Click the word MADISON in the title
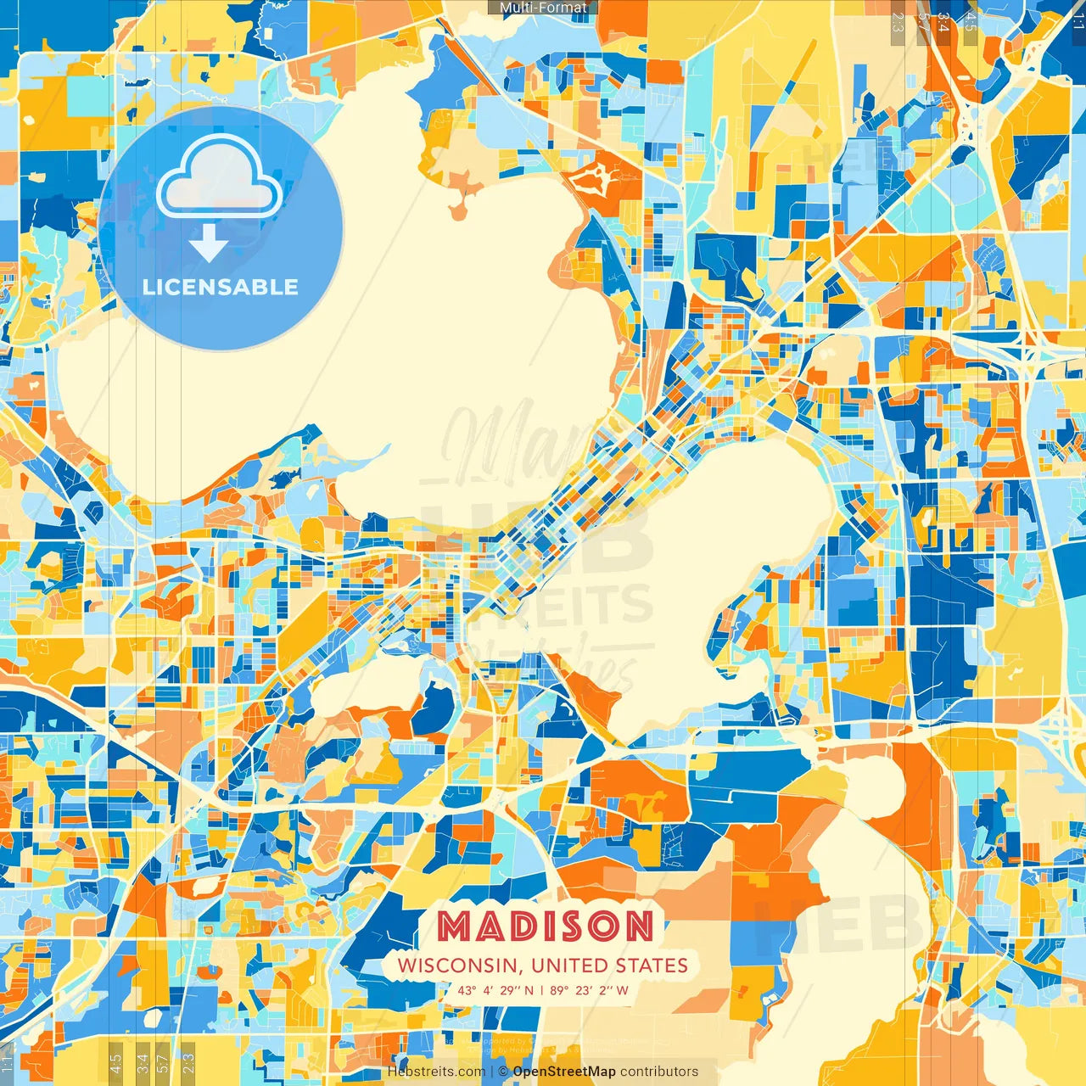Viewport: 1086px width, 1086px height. pyautogui.click(x=546, y=926)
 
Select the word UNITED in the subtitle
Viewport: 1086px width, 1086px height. pyautogui.click(x=572, y=966)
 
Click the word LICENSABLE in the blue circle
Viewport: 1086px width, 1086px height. pyautogui.click(x=221, y=287)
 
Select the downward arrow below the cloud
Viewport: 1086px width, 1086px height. pyautogui.click(x=209, y=245)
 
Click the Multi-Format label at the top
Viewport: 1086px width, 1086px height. pyautogui.click(x=543, y=8)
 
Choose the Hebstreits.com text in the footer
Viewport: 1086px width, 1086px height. pyautogui.click(x=437, y=1072)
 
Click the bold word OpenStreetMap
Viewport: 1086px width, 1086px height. pyautogui.click(x=564, y=1072)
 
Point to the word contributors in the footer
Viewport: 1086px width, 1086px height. pyautogui.click(x=659, y=1072)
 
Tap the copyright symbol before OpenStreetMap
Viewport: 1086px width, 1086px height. pyautogui.click(x=503, y=1072)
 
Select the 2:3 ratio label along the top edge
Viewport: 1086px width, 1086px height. pyautogui.click(x=898, y=22)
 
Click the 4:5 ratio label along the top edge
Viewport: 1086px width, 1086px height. pyautogui.click(x=971, y=22)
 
